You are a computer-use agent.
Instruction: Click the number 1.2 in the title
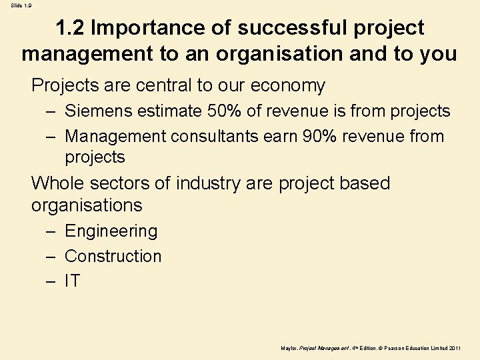click(69, 28)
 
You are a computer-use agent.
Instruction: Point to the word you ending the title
click(438, 53)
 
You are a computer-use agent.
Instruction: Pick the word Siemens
click(100, 111)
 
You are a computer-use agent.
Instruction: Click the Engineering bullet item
click(111, 231)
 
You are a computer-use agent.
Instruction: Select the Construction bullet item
click(113, 257)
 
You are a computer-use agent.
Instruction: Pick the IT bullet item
click(72, 282)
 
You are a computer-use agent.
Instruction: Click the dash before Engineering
click(51, 231)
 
